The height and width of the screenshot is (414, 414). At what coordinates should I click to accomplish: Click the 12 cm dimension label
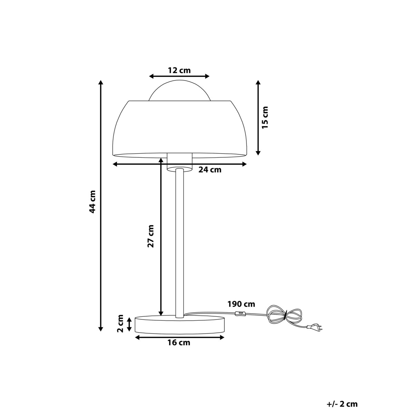(179, 70)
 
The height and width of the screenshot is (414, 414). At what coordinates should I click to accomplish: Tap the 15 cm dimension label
(265, 117)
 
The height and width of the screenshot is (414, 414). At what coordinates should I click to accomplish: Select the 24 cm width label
(210, 170)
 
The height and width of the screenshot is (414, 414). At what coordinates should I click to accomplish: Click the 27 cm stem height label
(150, 236)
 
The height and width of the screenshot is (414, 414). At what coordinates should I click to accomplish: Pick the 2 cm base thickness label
(120, 323)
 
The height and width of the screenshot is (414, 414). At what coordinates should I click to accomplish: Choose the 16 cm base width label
(179, 343)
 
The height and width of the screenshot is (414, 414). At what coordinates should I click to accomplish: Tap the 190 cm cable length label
(241, 304)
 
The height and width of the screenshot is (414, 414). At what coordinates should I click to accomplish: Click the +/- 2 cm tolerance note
(342, 404)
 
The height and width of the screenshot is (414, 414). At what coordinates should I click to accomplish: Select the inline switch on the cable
(239, 314)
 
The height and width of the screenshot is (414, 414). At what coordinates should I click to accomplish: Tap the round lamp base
(180, 324)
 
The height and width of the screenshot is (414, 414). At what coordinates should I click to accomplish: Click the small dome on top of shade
(179, 91)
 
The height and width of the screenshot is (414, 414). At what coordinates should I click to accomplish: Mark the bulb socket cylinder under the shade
(179, 161)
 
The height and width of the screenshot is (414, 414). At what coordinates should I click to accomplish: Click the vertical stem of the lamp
(179, 241)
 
